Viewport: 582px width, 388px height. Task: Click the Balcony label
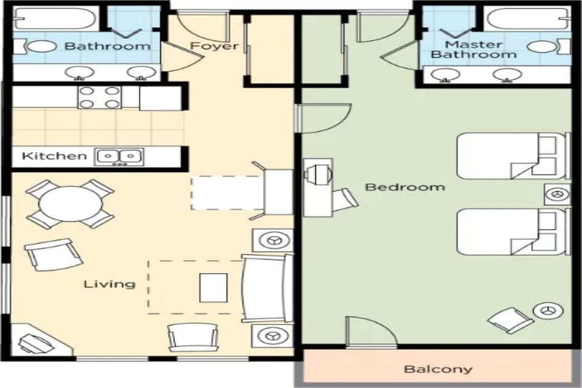438,369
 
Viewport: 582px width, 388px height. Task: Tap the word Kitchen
55,156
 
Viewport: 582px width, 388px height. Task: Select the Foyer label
214,46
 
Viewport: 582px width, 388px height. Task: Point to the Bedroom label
404,187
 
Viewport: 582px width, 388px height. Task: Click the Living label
109,284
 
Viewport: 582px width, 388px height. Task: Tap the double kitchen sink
119,156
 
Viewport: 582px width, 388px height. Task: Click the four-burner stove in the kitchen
99,97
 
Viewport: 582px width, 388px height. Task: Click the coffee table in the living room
213,287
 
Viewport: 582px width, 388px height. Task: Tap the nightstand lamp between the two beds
557,195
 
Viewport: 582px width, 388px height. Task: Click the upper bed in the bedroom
512,156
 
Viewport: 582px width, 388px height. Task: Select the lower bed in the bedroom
512,232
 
